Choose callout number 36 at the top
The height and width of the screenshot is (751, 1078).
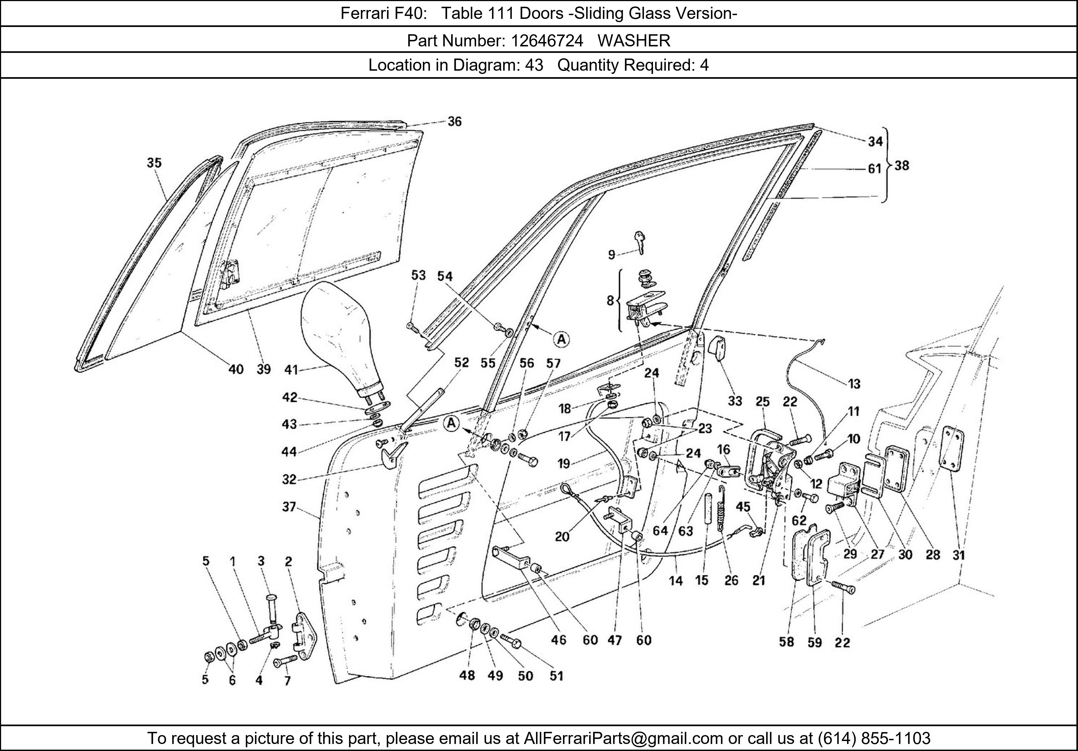click(454, 122)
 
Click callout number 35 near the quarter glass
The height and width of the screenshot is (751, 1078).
click(154, 163)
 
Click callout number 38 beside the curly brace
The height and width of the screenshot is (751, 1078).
click(901, 165)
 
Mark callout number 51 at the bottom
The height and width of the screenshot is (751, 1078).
click(556, 675)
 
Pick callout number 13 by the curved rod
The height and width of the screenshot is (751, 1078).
click(854, 384)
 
